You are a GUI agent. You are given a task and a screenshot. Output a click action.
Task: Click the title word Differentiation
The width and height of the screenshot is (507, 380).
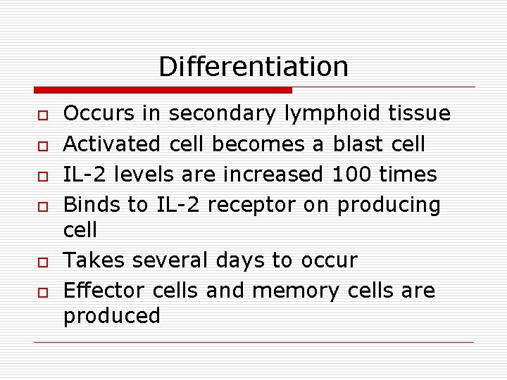point(254,67)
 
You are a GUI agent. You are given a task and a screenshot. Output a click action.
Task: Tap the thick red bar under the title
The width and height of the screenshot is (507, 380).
point(163,90)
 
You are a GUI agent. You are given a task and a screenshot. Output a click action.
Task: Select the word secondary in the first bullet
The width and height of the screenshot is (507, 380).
point(224,113)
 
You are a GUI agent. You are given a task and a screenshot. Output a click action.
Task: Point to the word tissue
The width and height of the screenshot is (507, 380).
point(419,113)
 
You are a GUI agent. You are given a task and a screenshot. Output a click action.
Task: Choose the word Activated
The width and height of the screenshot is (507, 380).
point(113,144)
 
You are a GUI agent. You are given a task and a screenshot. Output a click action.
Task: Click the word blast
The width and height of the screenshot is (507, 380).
point(359,144)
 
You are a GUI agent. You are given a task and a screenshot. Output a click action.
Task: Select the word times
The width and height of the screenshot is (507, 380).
point(408,174)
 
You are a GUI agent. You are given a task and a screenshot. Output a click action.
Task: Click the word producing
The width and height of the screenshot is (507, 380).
point(389,205)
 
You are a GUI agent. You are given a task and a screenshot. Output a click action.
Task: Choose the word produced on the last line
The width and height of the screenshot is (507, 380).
point(112,316)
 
